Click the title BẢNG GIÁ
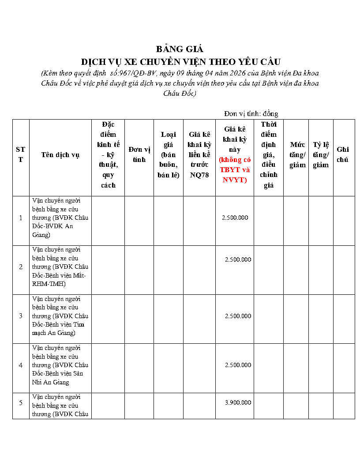180,49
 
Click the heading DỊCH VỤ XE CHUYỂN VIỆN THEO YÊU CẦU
180,61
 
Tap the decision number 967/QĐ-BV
132,73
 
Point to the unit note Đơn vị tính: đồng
251,114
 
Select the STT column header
21,155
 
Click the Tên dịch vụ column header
60,155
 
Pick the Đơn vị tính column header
139,154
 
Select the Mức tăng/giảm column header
297,155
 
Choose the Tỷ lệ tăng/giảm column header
321,155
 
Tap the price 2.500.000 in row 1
235,218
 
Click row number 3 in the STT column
21,316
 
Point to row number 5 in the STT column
21,402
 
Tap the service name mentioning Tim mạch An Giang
60,316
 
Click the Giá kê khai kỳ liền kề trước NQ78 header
199,154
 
